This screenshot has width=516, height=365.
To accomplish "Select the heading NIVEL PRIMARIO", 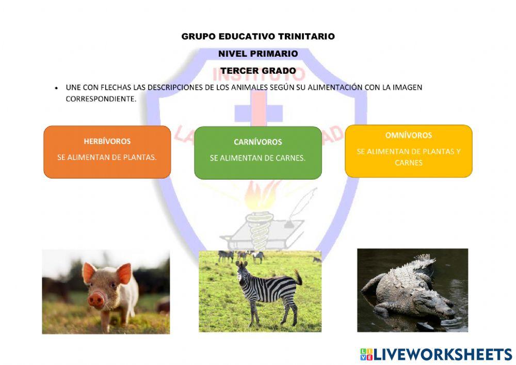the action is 258,54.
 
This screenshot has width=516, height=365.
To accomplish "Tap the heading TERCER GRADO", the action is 258,71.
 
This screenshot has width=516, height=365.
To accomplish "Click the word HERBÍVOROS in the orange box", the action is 107,141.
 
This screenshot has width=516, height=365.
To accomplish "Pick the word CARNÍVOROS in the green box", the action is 258,142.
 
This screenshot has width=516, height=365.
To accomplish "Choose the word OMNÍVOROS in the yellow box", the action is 408,135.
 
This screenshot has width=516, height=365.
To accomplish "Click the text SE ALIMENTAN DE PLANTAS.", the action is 107,157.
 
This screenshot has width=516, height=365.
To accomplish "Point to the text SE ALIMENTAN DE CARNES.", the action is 257,158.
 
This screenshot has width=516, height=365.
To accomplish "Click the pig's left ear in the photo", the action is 89,272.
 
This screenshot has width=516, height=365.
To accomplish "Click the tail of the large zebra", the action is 298,277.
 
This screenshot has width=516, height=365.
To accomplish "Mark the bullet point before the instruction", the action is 57,88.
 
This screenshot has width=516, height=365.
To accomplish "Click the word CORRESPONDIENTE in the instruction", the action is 101,99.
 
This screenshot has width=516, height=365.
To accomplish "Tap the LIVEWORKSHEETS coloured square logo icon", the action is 366,355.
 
